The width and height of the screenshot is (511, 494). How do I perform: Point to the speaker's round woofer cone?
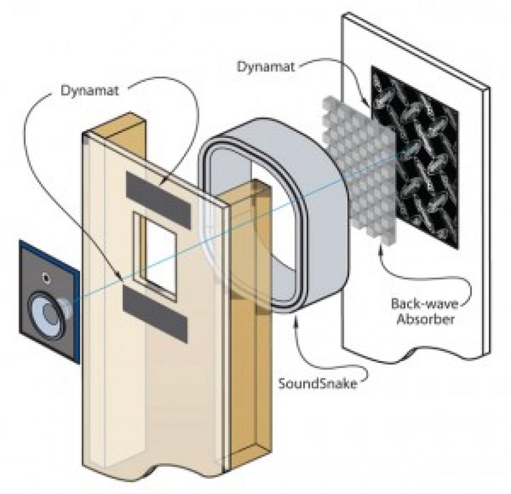click(48, 314)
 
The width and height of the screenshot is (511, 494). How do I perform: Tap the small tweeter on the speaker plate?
click(48, 278)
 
